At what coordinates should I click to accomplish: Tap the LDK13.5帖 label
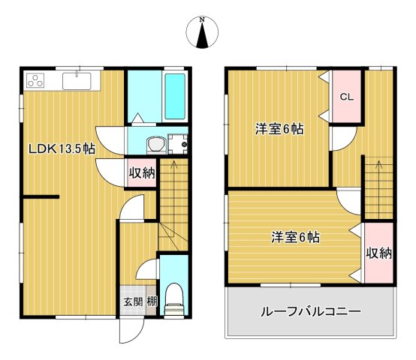[x=62, y=148]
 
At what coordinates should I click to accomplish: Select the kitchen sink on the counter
[x=77, y=79]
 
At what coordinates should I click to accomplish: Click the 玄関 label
[x=133, y=304]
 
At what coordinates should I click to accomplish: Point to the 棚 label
[x=151, y=304]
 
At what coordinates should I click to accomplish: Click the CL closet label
[x=346, y=96]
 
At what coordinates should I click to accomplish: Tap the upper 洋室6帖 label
[x=279, y=129]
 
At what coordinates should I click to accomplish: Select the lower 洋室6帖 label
[x=296, y=238]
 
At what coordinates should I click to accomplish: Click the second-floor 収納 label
[x=379, y=253]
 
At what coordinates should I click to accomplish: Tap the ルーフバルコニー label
[x=311, y=311]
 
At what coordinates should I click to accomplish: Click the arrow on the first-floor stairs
[x=173, y=166]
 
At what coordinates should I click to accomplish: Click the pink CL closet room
[x=346, y=96]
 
